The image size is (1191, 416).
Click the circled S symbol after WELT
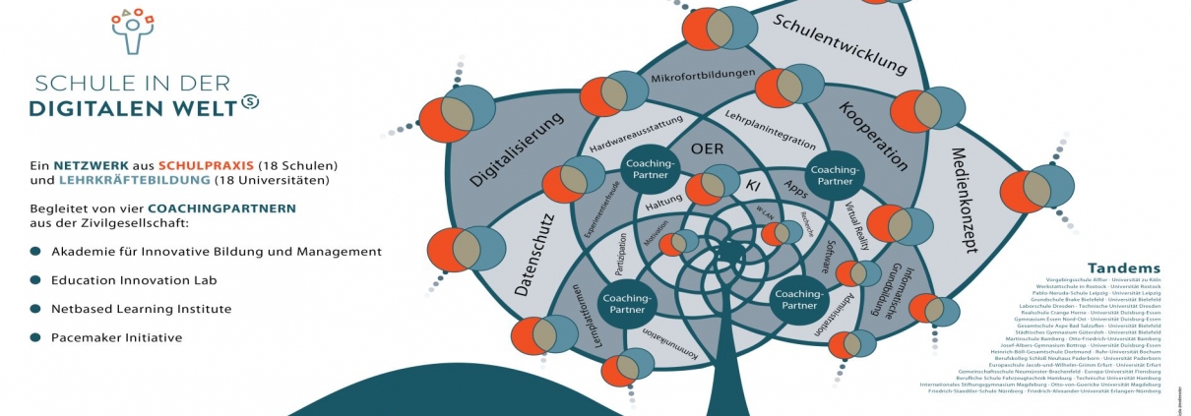pos(251,101)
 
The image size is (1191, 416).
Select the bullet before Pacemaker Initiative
pos(35,337)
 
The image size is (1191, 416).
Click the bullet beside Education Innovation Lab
pos(35,280)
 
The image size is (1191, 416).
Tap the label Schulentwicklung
pos(839,45)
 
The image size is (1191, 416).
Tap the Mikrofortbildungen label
pos(704,75)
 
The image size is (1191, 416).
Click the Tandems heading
pos(1124,268)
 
